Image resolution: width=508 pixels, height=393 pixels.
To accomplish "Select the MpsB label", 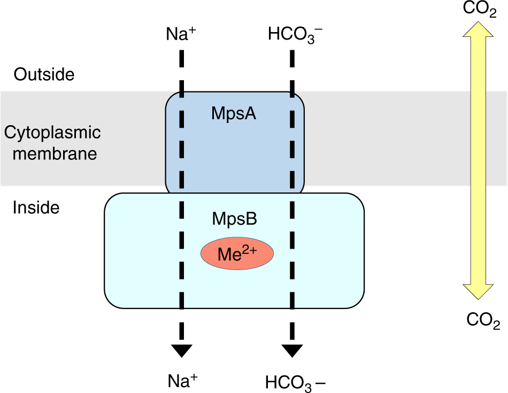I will [234, 219].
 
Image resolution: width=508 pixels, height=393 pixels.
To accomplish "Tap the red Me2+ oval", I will [237, 253].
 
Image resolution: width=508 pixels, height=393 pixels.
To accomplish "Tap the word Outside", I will [44, 74].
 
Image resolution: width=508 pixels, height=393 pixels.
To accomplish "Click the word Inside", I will [36, 207].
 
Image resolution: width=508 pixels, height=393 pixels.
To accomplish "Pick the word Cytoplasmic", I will [52, 133].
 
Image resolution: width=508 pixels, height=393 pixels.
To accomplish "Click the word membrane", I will [55, 154].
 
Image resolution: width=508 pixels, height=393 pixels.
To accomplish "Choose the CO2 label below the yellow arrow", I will [483, 320].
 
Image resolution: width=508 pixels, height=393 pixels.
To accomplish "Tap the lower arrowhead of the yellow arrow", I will [480, 291].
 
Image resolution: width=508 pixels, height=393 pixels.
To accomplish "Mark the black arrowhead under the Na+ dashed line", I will [182, 350].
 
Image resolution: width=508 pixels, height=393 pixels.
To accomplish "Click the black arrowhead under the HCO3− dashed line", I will [292, 350].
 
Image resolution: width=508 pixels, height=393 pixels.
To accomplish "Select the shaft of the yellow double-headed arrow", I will [480, 160].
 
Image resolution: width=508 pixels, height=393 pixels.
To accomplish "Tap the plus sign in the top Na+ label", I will [193, 30].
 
